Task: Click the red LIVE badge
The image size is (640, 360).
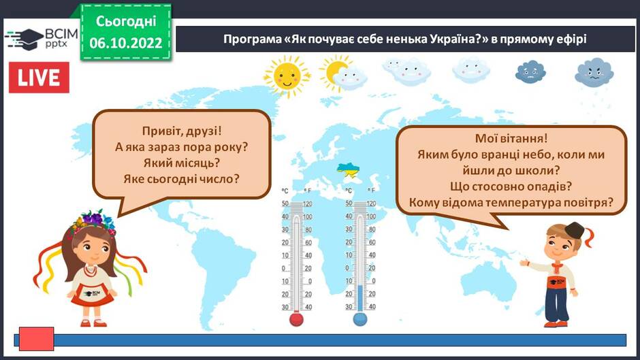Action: (x=39, y=78)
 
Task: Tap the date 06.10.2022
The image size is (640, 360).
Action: (x=126, y=42)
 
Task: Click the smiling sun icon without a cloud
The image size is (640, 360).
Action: (x=287, y=76)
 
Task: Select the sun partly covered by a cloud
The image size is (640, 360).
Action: (x=343, y=74)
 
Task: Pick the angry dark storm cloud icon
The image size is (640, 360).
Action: (x=594, y=73)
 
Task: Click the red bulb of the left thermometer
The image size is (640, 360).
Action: (x=296, y=319)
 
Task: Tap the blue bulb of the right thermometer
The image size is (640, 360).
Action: (x=359, y=319)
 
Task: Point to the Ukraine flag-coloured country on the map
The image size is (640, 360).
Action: (x=348, y=169)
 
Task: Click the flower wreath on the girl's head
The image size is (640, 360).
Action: (x=93, y=223)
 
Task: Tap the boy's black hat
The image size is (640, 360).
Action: (x=575, y=230)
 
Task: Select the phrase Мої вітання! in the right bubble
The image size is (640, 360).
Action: (x=511, y=138)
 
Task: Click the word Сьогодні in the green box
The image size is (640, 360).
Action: (x=126, y=21)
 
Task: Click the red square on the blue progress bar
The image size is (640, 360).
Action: (x=36, y=338)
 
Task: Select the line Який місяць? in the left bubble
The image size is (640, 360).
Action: (x=182, y=163)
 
